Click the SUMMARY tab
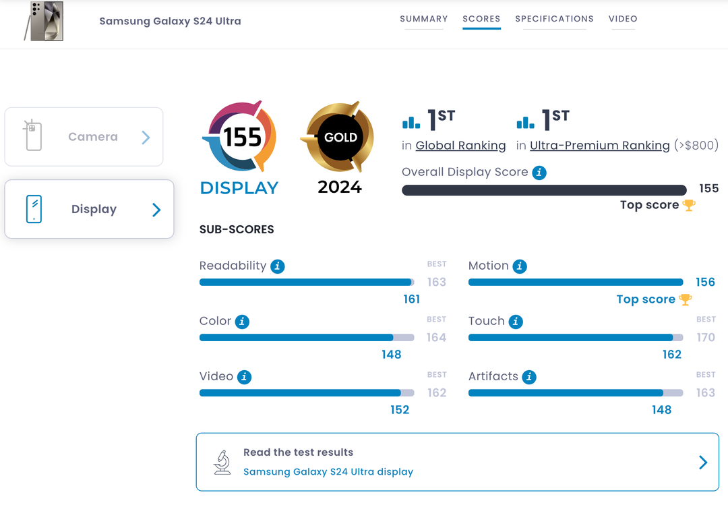423,19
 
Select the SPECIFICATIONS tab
554,19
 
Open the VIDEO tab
623,19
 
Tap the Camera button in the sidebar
84,137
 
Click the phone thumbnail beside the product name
44,21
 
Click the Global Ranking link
460,145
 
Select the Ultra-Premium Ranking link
599,145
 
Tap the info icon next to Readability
277,266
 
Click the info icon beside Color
242,322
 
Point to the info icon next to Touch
516,322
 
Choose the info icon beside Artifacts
529,377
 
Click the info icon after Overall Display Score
539,173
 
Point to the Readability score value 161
411,299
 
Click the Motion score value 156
705,283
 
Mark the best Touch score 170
706,337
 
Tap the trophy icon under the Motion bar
686,299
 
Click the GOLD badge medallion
340,138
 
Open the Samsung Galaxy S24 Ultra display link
328,472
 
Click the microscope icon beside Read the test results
222,462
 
